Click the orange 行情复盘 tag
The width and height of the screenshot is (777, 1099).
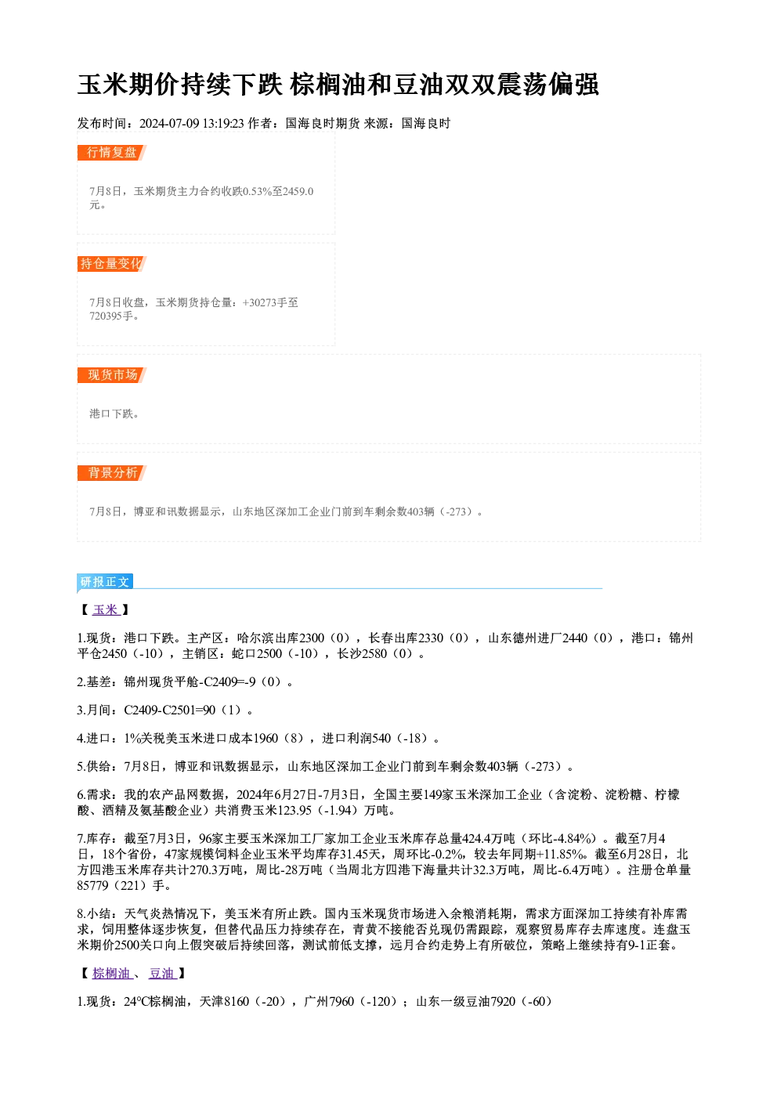(x=111, y=153)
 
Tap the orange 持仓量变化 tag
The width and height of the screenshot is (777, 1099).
(x=111, y=264)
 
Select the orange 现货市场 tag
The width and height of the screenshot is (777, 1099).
(x=111, y=375)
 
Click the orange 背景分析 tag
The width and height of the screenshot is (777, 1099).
(x=111, y=473)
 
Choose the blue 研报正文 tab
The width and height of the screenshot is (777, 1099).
(x=105, y=582)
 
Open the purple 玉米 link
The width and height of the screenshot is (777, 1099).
(x=106, y=610)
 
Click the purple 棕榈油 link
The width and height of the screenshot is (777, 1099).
(x=112, y=974)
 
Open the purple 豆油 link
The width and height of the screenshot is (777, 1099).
(x=162, y=974)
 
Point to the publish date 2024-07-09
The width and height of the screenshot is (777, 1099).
(x=169, y=124)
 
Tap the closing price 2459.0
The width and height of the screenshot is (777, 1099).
(x=298, y=191)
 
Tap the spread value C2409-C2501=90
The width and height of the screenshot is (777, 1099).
(x=170, y=710)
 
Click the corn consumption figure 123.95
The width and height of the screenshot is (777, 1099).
(x=295, y=810)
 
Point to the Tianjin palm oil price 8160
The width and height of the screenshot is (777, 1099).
(x=237, y=1001)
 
